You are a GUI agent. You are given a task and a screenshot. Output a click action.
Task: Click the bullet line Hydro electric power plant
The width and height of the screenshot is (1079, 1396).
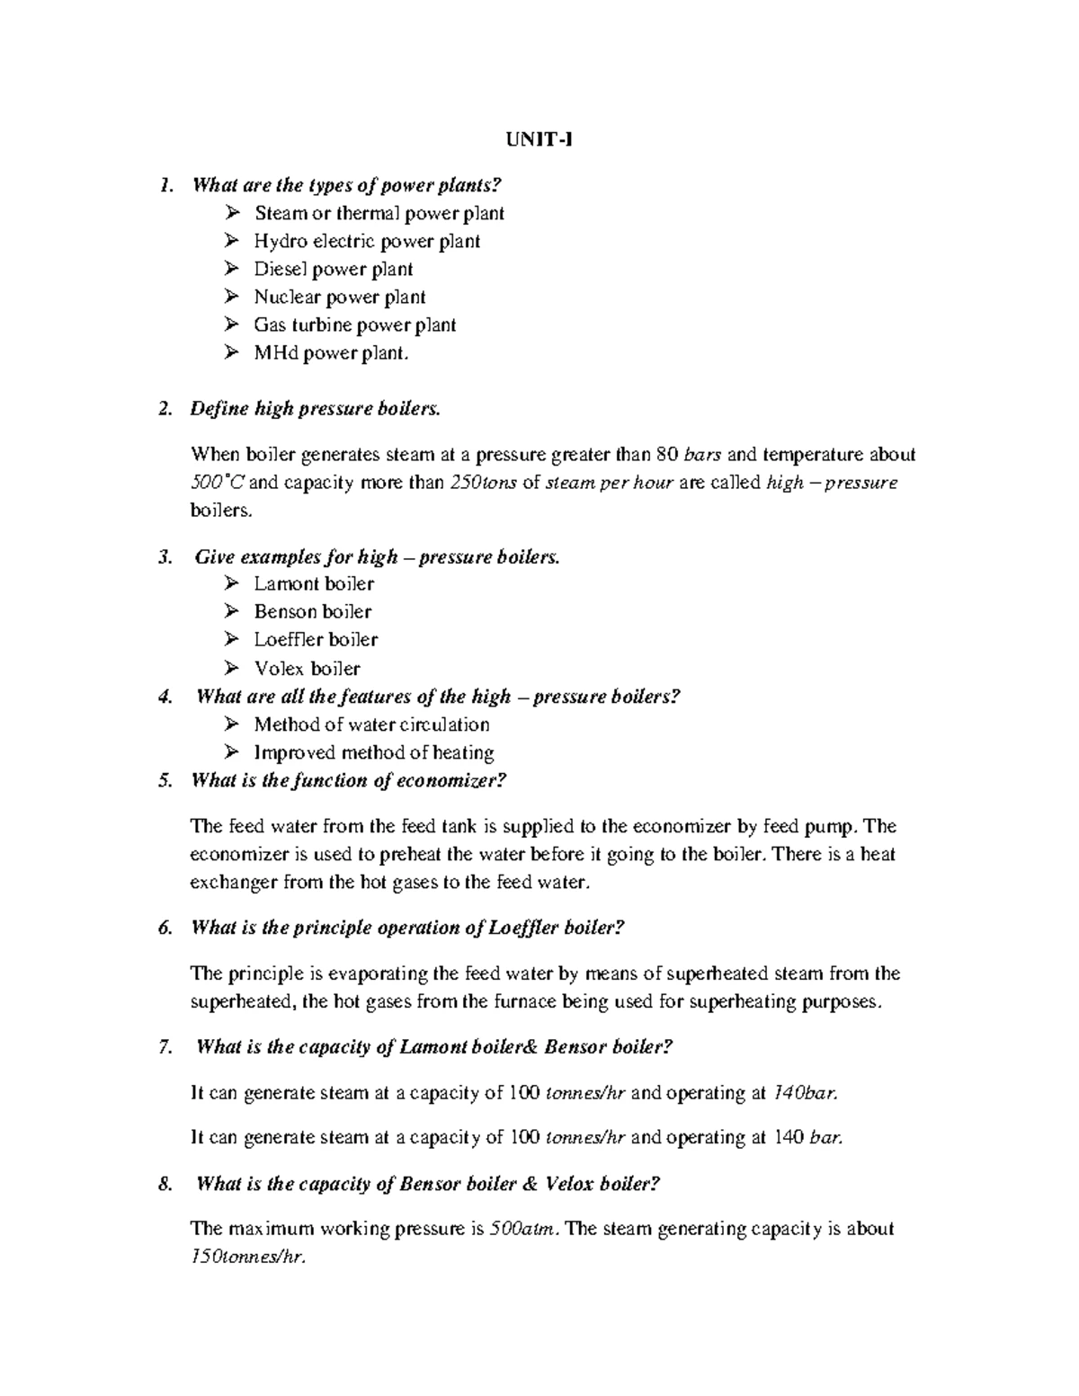coord(366,241)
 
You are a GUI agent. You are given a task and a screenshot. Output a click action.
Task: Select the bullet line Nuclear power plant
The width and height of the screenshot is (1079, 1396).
coord(339,297)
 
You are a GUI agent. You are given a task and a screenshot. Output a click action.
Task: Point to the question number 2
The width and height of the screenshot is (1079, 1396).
coord(164,409)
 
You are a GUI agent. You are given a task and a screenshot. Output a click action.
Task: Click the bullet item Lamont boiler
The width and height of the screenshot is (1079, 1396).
coord(313,583)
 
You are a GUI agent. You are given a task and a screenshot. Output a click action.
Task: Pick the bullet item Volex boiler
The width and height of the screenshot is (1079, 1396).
coord(307,668)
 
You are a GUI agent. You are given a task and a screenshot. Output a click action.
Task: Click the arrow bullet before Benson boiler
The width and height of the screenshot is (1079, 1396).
coord(233,611)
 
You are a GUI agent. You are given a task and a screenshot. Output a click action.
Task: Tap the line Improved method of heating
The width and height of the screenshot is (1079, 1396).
coord(373,752)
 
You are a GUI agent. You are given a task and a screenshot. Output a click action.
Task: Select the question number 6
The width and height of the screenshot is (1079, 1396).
coord(164,928)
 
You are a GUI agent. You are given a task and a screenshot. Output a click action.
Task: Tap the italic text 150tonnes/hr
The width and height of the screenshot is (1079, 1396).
coord(248,1257)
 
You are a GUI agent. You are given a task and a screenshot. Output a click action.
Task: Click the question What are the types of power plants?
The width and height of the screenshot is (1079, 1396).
coord(345,185)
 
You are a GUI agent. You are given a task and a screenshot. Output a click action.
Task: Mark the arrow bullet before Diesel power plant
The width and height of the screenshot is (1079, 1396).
coord(233,269)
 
